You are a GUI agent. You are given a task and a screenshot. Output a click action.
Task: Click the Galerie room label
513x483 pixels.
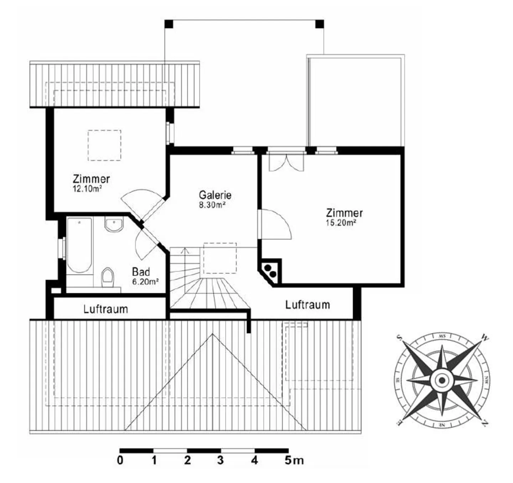click(215, 195)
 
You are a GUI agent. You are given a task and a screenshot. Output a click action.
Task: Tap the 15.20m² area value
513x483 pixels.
click(341, 223)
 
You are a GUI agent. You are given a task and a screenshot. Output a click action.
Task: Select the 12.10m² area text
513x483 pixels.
click(87, 189)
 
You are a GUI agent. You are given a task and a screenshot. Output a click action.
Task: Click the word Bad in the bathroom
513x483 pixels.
click(141, 272)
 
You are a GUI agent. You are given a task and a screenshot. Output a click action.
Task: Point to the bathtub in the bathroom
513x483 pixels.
click(79, 245)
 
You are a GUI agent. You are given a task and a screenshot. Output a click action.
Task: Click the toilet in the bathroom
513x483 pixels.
click(108, 277)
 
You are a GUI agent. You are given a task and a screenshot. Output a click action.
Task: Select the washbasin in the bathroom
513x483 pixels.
click(114, 225)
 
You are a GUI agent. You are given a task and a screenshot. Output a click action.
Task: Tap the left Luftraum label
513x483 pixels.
click(105, 309)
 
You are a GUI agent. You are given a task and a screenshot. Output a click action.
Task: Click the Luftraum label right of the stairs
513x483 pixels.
click(307, 305)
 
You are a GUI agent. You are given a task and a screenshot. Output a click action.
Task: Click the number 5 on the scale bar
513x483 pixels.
click(289, 460)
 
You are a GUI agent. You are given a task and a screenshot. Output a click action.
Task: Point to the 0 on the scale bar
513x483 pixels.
click(120, 460)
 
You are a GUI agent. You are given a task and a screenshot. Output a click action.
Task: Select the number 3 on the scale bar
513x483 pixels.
click(221, 460)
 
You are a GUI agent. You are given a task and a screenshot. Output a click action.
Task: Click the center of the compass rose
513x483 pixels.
click(442, 380)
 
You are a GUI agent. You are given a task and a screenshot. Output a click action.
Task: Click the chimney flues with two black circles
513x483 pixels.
click(270, 270)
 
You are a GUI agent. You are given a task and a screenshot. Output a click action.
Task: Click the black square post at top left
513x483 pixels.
click(169, 24)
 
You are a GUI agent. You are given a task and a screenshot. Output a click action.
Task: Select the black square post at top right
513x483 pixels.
click(320, 24)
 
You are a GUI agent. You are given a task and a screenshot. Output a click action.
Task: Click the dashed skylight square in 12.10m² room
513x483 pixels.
click(104, 145)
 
